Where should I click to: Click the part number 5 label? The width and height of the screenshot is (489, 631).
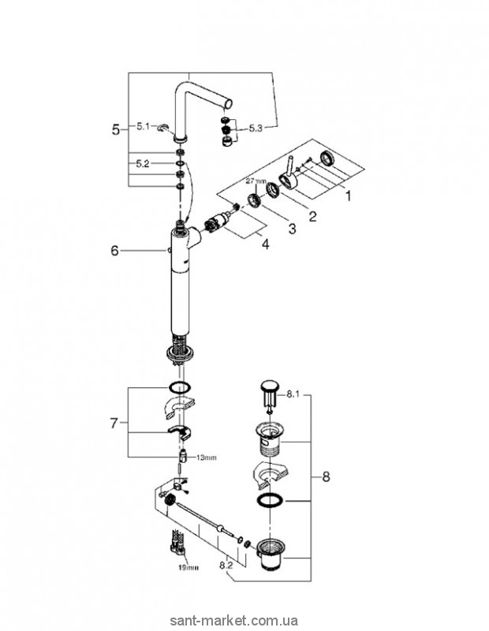pos(116,129)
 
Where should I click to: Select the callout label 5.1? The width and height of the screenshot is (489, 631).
pos(143,126)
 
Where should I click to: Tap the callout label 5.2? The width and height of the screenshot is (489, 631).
pos(143,164)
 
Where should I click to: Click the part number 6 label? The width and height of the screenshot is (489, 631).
pos(114,250)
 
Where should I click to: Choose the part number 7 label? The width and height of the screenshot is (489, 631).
pos(115,424)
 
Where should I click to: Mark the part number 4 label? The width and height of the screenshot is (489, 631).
pos(266,245)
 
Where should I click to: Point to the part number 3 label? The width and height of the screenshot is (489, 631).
pos(291,230)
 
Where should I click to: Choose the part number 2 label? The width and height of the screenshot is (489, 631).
pos(313,215)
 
